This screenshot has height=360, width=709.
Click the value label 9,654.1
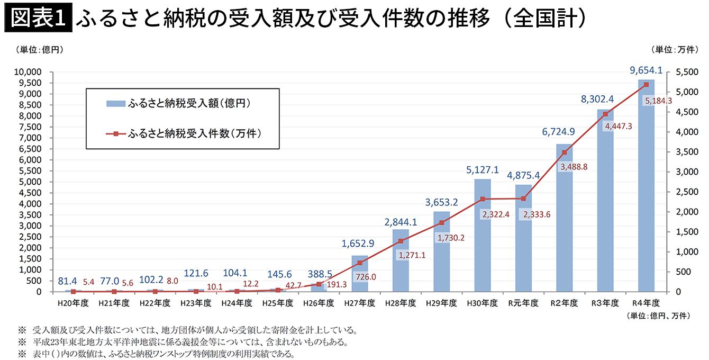pyautogui.click(x=646, y=70)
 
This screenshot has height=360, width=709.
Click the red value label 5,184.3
pyautogui.click(x=658, y=101)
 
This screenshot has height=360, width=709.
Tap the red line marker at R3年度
pyautogui.click(x=605, y=114)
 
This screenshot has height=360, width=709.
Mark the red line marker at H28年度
pyautogui.click(x=401, y=241)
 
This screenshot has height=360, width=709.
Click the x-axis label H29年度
pyautogui.click(x=441, y=303)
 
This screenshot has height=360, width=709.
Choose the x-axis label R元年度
pyautogui.click(x=523, y=303)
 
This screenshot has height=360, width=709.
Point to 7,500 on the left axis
pyautogui.click(x=30, y=127)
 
